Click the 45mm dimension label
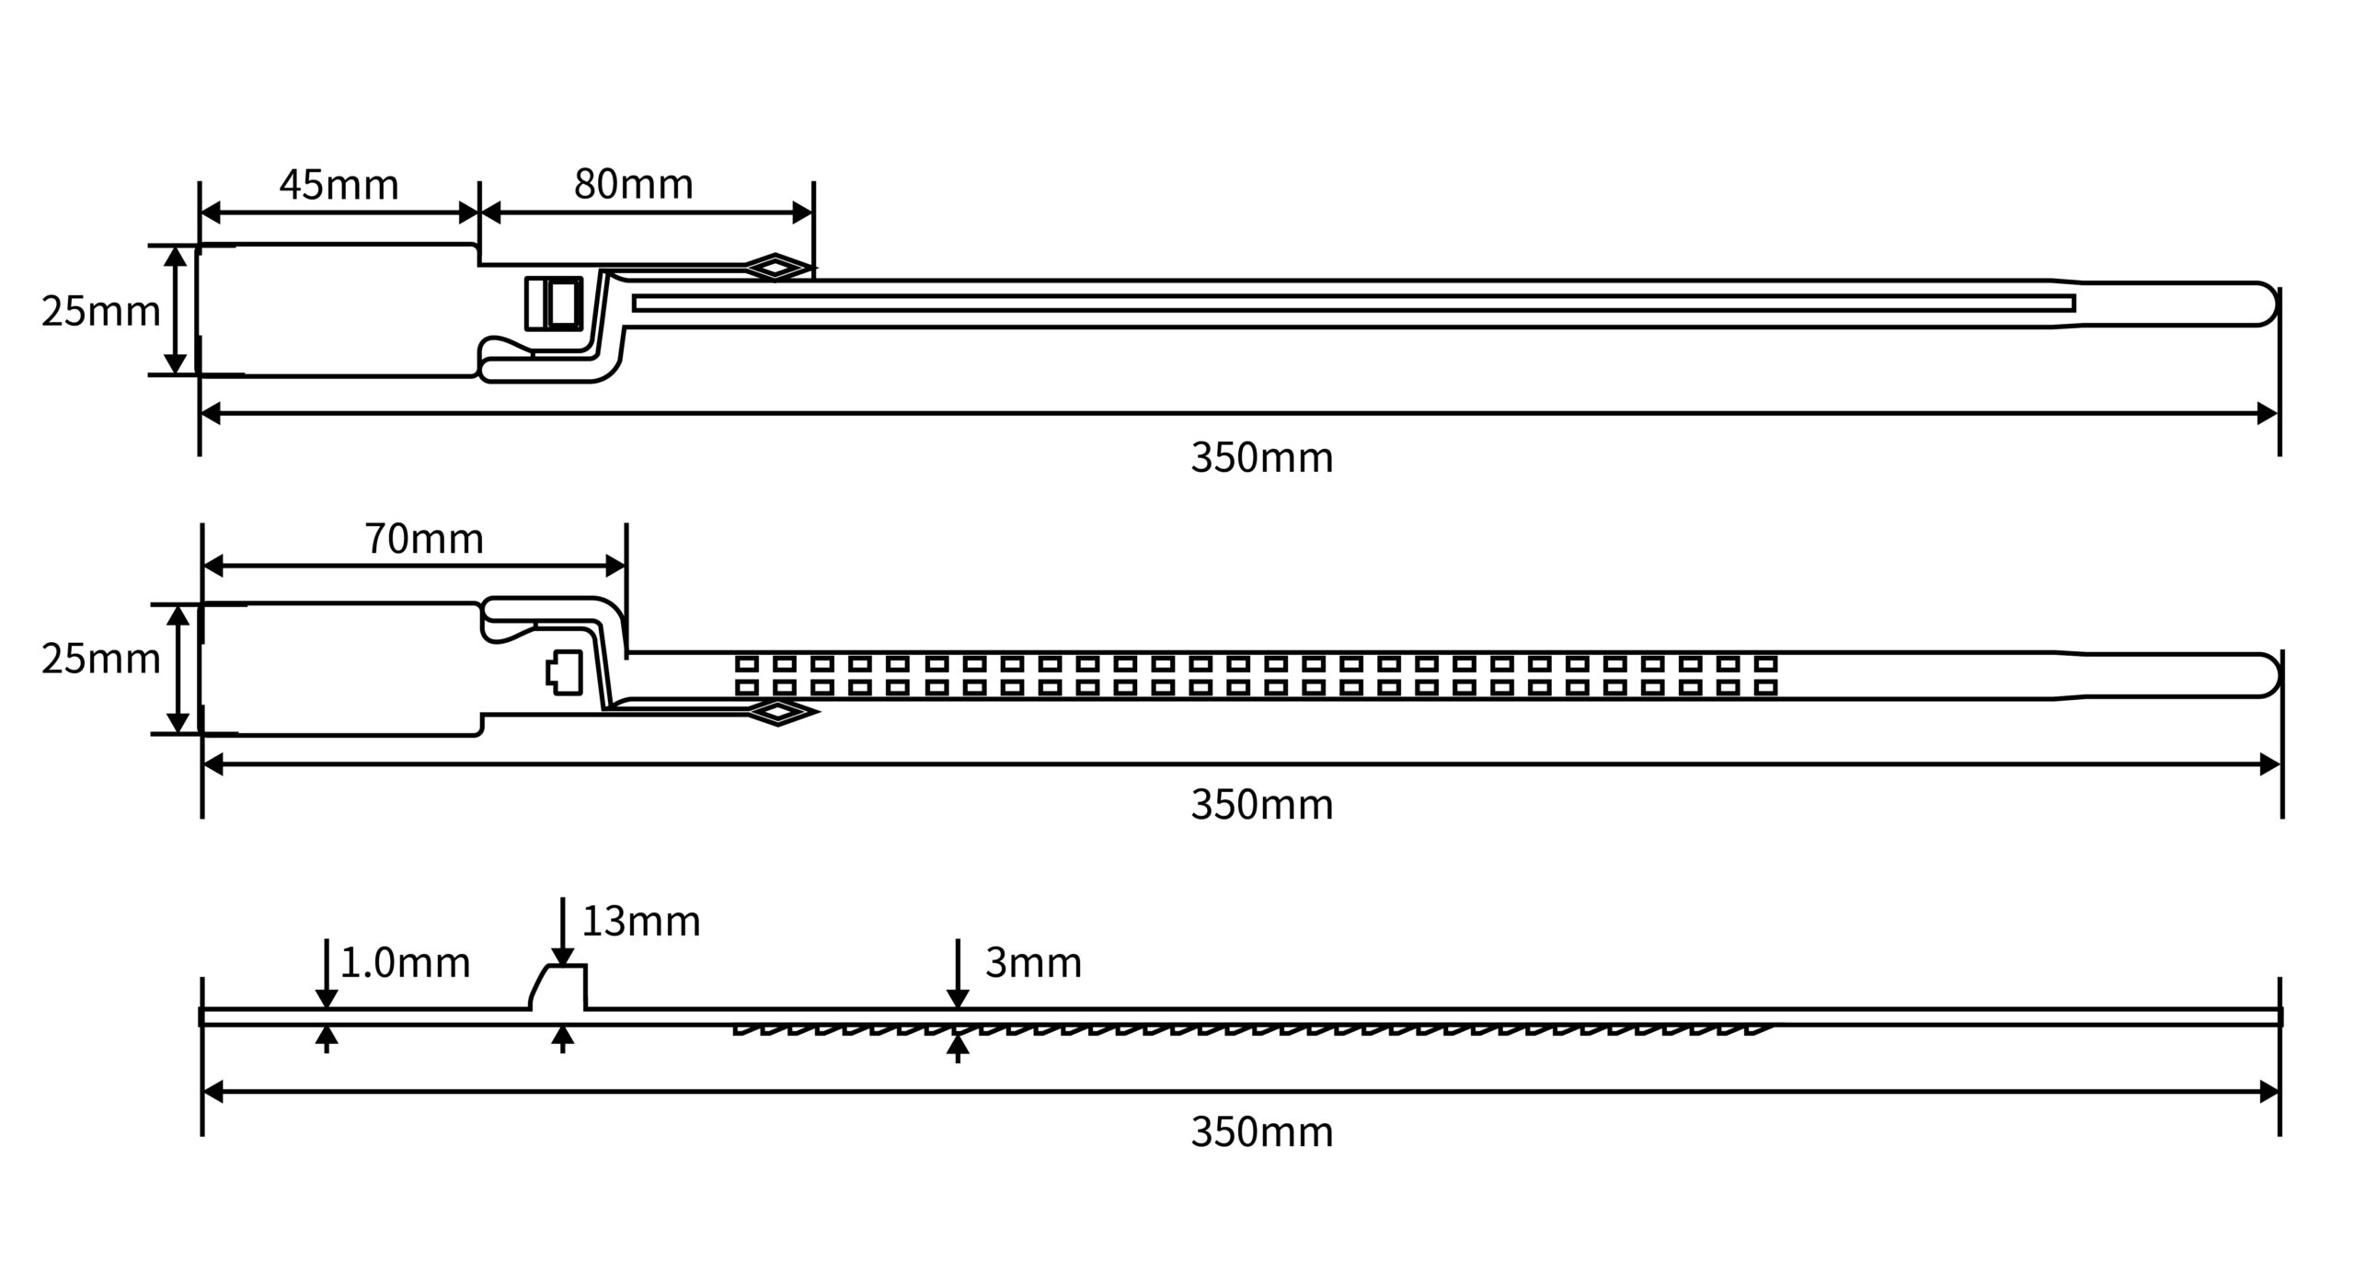click(x=339, y=185)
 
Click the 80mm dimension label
click(x=633, y=184)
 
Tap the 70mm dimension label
click(x=424, y=538)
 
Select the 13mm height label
click(x=641, y=921)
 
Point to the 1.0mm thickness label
click(x=405, y=963)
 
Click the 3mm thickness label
click(x=1033, y=962)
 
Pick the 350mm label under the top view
click(x=1261, y=457)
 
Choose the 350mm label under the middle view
click(x=1261, y=805)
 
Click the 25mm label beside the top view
click(x=100, y=312)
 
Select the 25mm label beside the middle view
click(x=100, y=660)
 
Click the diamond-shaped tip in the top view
click(x=777, y=268)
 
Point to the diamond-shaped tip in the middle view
click(x=780, y=712)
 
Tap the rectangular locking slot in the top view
click(x=554, y=303)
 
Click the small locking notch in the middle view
click(x=565, y=672)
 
